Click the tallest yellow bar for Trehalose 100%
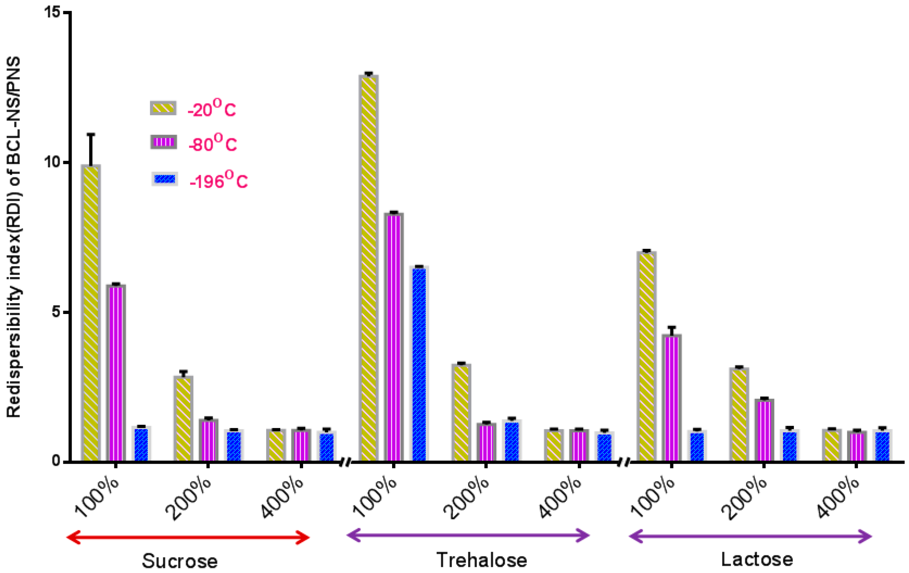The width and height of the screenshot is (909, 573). coord(369,268)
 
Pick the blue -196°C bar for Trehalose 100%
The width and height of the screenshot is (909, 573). coord(419,364)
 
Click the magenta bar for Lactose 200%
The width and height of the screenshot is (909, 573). coord(764,430)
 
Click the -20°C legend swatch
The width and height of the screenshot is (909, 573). coord(163,108)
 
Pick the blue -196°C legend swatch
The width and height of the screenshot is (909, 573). coord(165,179)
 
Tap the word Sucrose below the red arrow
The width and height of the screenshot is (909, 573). coord(180,561)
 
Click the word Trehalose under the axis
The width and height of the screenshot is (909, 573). coord(482,559)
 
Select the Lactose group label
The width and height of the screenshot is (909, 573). coord(757,559)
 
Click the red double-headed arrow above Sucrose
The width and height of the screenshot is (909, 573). coord(188,538)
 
